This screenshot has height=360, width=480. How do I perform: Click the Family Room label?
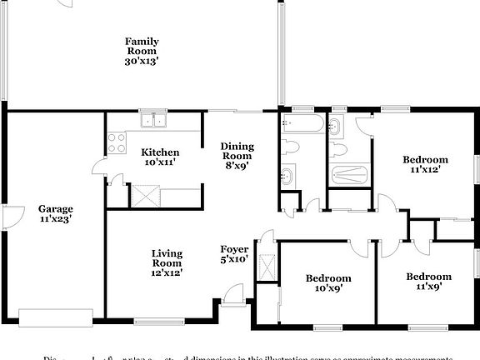pyautogui.click(x=142, y=51)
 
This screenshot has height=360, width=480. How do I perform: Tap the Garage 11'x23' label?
pyautogui.click(x=55, y=214)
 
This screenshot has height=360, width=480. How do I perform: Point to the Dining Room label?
pyautogui.click(x=237, y=156)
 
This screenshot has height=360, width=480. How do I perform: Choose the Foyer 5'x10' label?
pyautogui.click(x=234, y=254)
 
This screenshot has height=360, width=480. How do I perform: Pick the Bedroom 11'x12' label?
pyautogui.click(x=425, y=164)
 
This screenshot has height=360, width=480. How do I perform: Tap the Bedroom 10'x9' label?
pyautogui.click(x=327, y=282)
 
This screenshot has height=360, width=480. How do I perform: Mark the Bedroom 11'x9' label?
pyautogui.click(x=428, y=282)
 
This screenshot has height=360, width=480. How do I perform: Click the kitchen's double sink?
pyautogui.click(x=153, y=120)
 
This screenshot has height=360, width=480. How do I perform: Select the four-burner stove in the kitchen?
pyautogui.click(x=115, y=142)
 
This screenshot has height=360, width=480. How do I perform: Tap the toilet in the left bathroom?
pyautogui.click(x=291, y=147)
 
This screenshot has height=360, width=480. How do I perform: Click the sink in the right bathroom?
pyautogui.click(x=334, y=127)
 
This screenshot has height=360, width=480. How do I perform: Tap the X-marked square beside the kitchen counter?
pyautogui.click(x=143, y=197)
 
